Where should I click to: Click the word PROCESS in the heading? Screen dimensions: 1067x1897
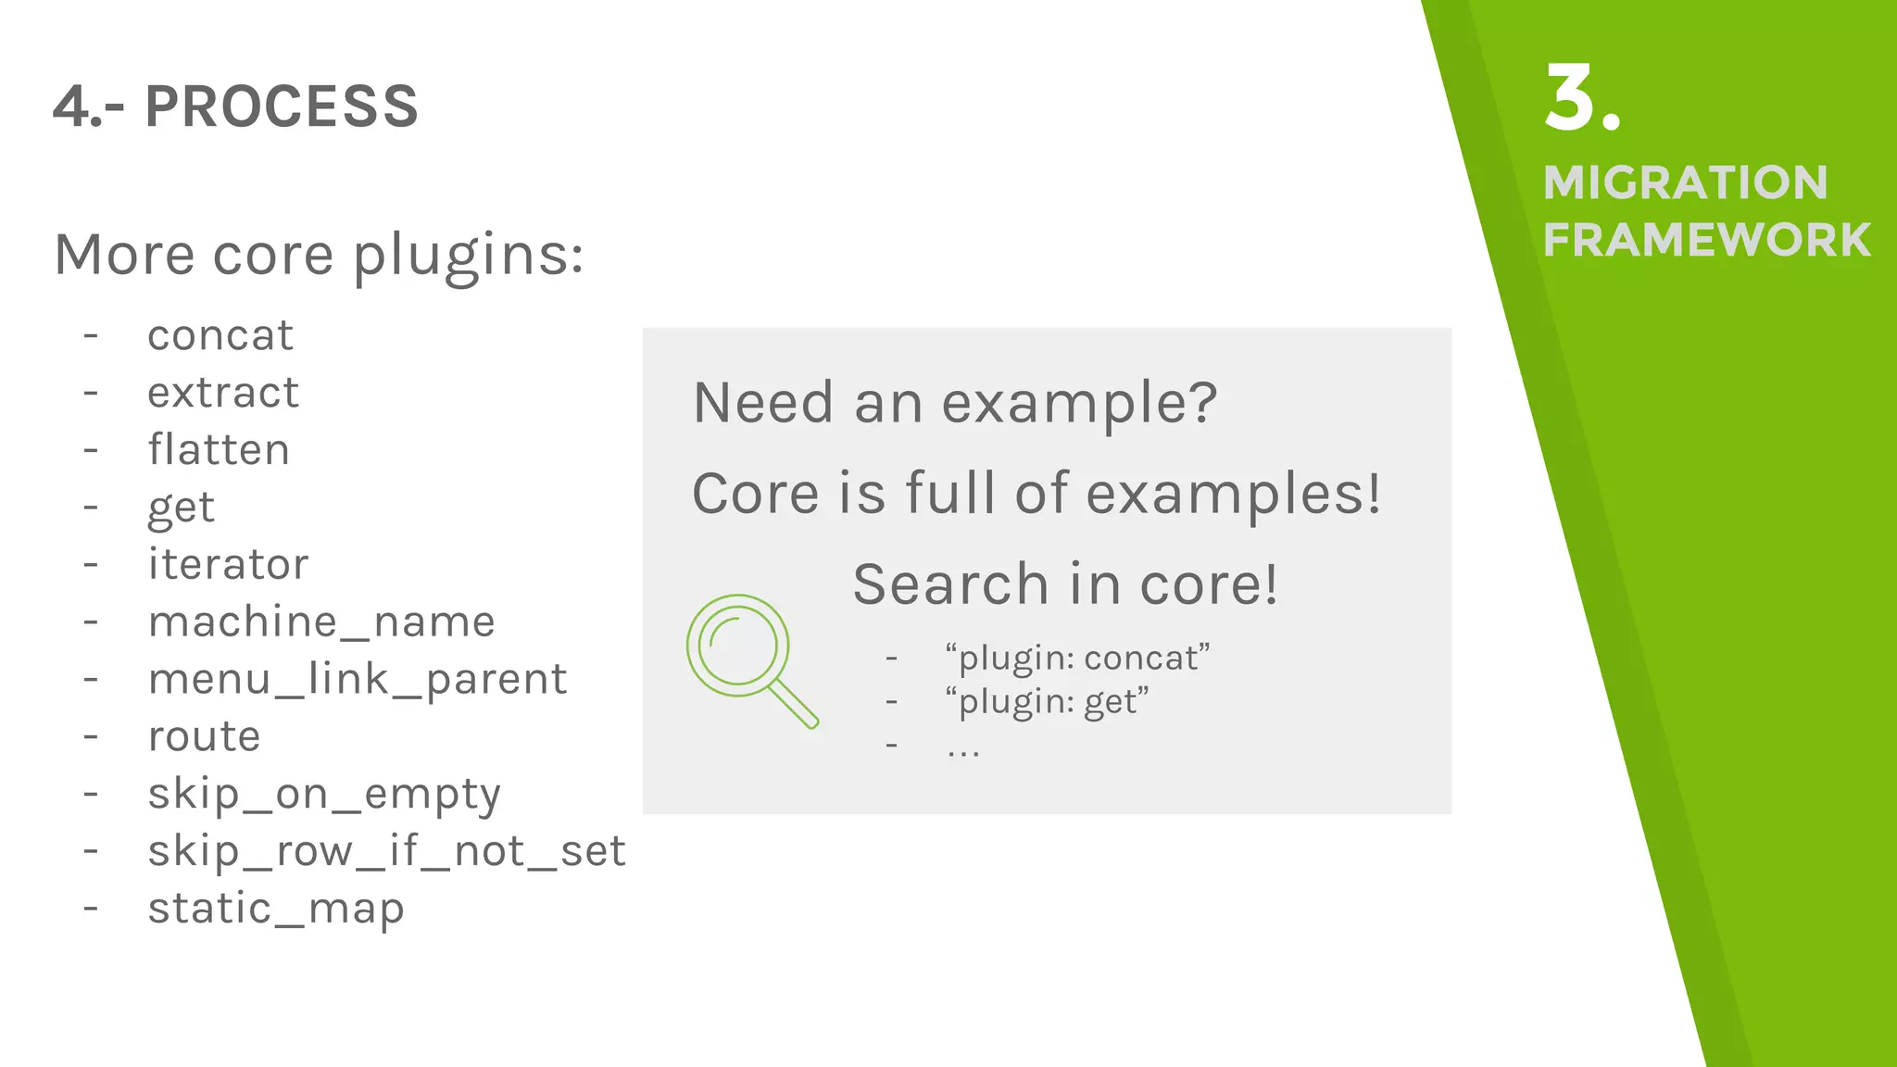282,107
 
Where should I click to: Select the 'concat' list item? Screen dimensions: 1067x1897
220,335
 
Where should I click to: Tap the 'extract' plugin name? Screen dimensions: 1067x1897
223,393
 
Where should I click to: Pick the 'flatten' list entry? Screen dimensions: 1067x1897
219,450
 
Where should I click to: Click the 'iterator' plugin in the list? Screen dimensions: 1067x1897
228,565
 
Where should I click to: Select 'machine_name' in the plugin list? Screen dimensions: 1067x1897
321,621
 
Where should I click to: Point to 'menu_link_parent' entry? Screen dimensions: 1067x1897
357,679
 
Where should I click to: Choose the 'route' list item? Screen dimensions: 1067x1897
204,736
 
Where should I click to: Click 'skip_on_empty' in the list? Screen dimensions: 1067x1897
324,794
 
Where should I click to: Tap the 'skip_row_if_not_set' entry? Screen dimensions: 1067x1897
386,851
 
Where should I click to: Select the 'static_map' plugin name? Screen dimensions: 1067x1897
276,909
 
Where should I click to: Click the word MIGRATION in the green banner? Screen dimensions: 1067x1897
1685,182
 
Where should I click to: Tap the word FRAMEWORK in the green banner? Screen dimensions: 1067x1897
1706,241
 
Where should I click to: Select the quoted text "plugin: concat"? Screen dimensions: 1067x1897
1077,658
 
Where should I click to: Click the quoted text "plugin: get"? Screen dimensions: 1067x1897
1047,701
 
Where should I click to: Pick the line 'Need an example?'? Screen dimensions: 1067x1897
954,403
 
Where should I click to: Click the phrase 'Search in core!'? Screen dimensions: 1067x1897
1065,584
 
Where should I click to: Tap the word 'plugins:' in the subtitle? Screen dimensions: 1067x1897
468,255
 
